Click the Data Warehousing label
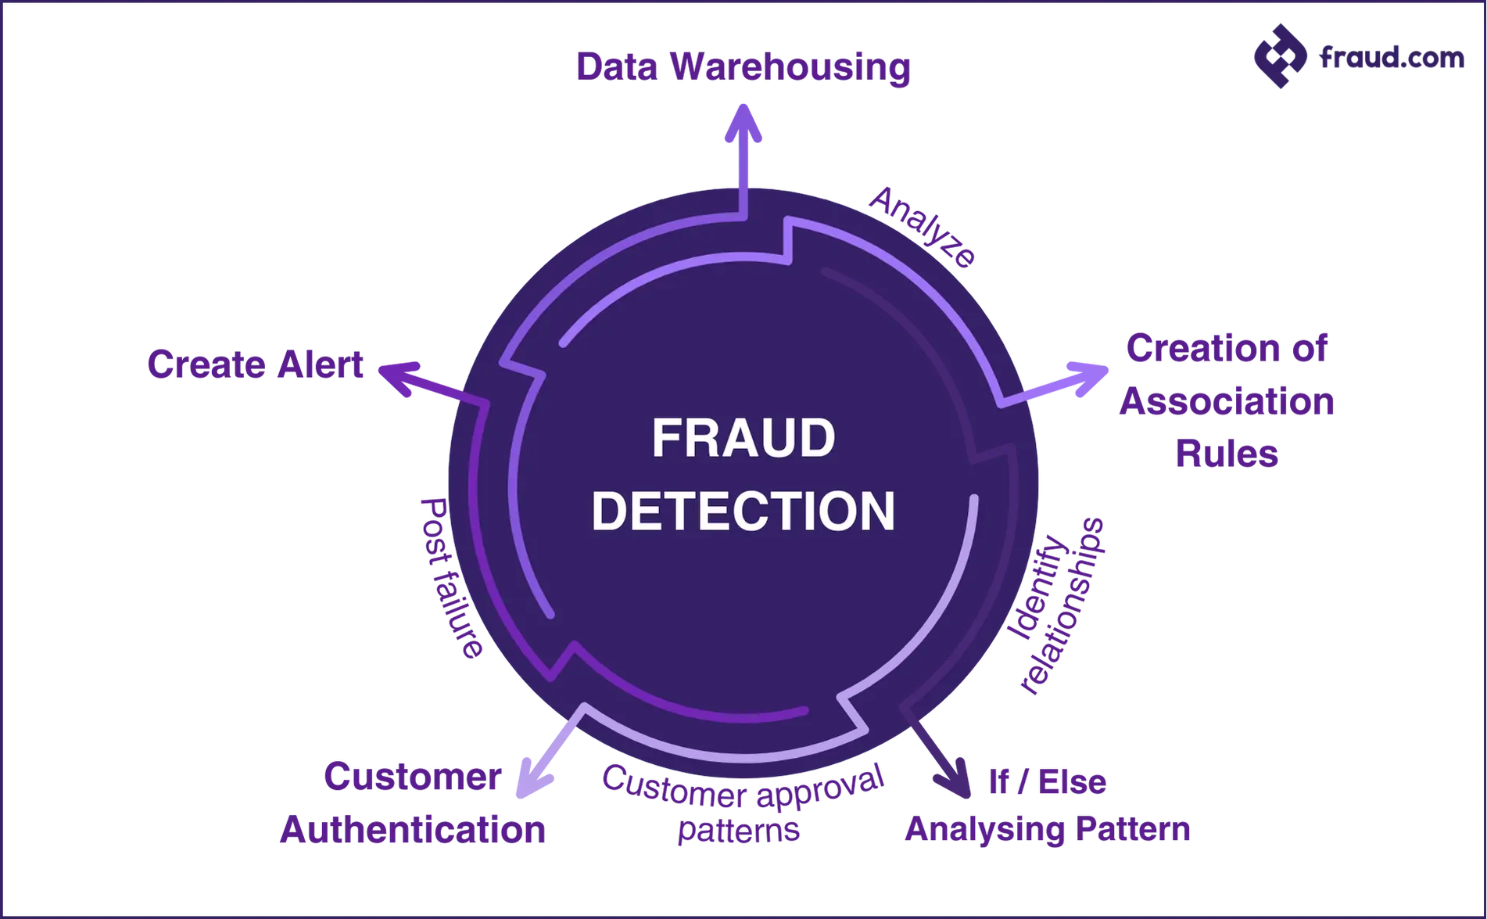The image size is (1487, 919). pos(743,67)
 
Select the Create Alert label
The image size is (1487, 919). pos(256,364)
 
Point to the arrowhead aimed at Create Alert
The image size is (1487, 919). pos(399,378)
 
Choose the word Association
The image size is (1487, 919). pos(1227,401)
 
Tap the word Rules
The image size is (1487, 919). pos(1227,454)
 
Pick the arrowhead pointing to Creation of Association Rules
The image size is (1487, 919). pos(1088,379)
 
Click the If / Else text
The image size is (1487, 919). pos(1048,781)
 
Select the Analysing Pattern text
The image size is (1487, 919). pos(1048,829)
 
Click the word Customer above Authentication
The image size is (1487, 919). pos(413,777)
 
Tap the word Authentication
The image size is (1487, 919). pos(413,830)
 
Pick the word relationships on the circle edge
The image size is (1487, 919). pos(1063,606)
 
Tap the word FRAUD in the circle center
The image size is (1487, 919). pos(743,438)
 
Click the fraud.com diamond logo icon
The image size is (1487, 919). pos(1281,56)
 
